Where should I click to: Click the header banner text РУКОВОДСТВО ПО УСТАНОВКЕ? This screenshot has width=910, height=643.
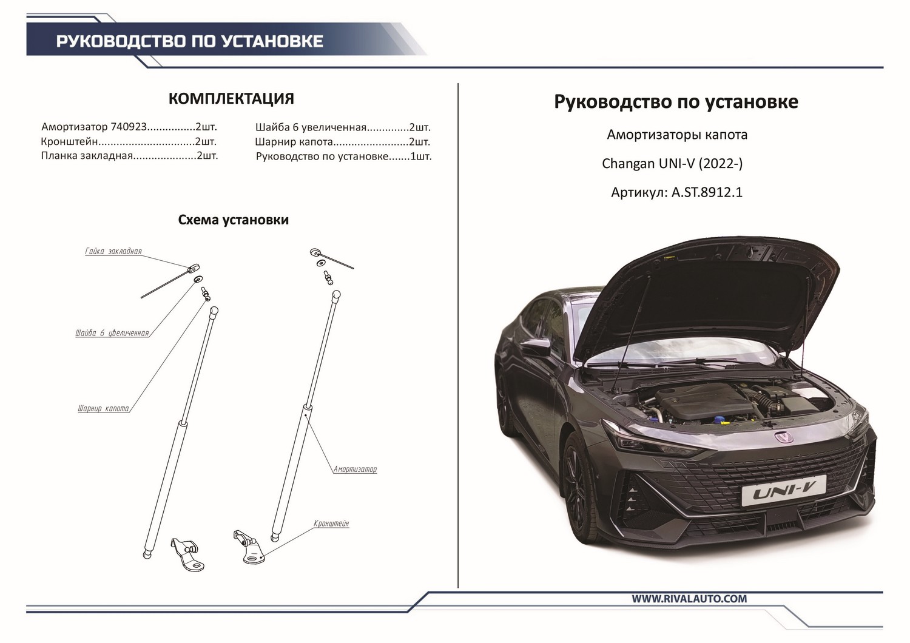click(x=189, y=41)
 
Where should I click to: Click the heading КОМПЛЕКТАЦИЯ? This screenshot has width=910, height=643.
click(x=231, y=99)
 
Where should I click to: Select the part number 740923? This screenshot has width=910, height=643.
click(x=129, y=127)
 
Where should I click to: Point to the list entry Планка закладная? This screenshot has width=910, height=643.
click(x=86, y=156)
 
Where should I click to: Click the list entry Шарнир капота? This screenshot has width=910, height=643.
click(x=294, y=142)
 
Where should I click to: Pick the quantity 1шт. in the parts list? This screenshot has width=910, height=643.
click(x=421, y=157)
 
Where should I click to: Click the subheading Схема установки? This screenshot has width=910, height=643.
click(x=233, y=220)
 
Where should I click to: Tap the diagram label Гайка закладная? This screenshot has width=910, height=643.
click(x=113, y=251)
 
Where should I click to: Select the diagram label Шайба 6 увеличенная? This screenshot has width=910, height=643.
click(x=112, y=333)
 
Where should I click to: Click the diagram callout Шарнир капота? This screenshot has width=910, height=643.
click(x=104, y=409)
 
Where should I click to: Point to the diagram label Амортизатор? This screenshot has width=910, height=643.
click(x=355, y=469)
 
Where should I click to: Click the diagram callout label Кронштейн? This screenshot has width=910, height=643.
click(x=331, y=523)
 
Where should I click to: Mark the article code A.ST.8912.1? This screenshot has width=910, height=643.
click(x=707, y=193)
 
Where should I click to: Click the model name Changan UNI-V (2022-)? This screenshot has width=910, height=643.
click(x=672, y=164)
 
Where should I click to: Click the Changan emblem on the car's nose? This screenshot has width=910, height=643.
click(x=783, y=437)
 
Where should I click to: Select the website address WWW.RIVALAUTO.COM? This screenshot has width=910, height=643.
click(x=689, y=599)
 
